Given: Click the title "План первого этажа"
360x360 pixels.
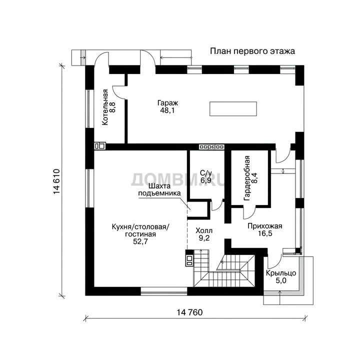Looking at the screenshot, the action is [x=252, y=51].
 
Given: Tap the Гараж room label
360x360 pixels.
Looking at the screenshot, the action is [x=167, y=102].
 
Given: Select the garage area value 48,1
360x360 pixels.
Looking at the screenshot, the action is [x=167, y=110].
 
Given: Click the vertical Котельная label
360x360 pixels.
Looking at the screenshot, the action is [x=105, y=107].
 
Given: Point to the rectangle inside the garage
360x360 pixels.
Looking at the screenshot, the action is [x=233, y=109].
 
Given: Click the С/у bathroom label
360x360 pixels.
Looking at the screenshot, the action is [x=205, y=172].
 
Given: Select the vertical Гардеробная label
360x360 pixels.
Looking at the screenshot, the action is [x=247, y=178].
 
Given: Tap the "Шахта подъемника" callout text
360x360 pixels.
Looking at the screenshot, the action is [x=159, y=189].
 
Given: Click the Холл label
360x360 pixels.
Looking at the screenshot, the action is [x=204, y=230].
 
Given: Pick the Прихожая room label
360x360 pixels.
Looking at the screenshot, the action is [x=264, y=226].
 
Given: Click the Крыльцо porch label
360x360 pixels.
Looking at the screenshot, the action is [x=281, y=273].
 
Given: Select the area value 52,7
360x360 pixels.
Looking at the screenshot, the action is [x=140, y=241].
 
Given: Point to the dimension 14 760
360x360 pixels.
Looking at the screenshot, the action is [x=189, y=312].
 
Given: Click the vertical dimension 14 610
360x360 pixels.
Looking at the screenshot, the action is [x=56, y=181].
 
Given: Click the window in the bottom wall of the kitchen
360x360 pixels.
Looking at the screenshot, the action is [x=164, y=291].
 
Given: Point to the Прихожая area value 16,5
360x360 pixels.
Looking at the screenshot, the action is [x=265, y=233].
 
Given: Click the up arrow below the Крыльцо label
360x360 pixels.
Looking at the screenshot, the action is [x=279, y=297].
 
